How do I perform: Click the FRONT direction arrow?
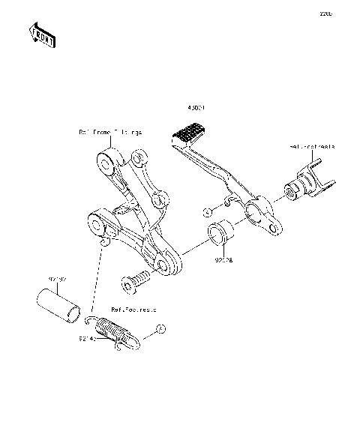[40, 35]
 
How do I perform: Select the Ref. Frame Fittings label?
[110, 132]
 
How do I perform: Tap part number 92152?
[57, 280]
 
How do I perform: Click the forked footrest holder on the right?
[309, 184]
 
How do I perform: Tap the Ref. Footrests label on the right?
[313, 148]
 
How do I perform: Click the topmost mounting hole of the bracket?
[104, 160]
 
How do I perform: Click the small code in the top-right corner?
[325, 13]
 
